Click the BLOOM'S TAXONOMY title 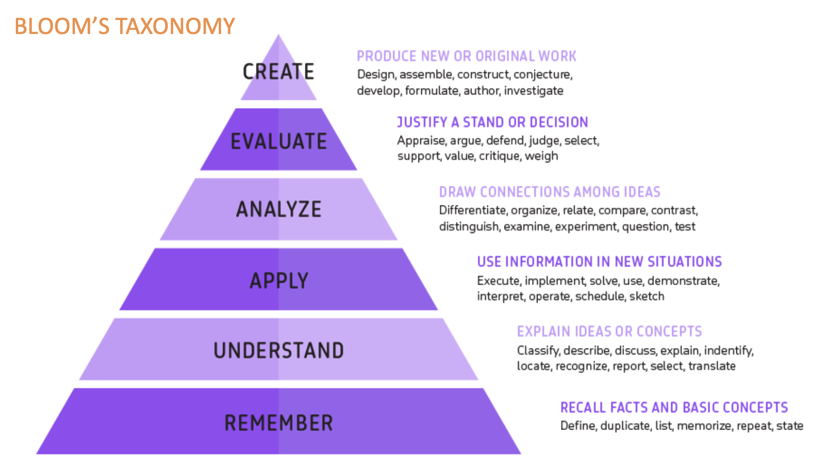pyautogui.click(x=125, y=26)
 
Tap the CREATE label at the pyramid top pyautogui.click(x=278, y=72)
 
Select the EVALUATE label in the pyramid pyautogui.click(x=279, y=141)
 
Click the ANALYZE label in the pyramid pyautogui.click(x=279, y=209)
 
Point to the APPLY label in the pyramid pyautogui.click(x=279, y=280)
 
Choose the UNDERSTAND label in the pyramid pyautogui.click(x=279, y=350)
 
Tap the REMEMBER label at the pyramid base pyautogui.click(x=279, y=423)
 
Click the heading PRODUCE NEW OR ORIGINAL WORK pyautogui.click(x=467, y=56)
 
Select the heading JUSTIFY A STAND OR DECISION pyautogui.click(x=492, y=122)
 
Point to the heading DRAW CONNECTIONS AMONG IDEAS pyautogui.click(x=550, y=192)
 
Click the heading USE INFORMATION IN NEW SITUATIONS pyautogui.click(x=599, y=262)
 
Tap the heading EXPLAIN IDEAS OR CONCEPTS pyautogui.click(x=609, y=331)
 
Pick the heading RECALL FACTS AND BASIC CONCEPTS pyautogui.click(x=674, y=408)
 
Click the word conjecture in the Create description pyautogui.click(x=543, y=75)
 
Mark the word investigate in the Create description pyautogui.click(x=533, y=91)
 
